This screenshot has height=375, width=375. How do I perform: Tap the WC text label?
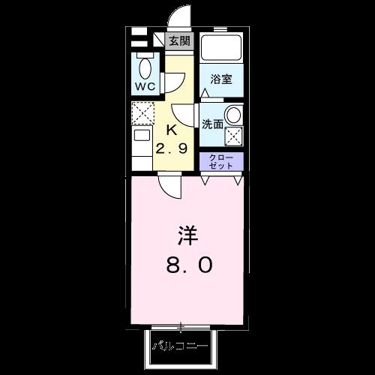pos(144,86)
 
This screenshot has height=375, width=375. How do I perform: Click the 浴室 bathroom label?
pos(221,79)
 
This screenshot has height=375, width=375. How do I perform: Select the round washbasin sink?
pos(234,115)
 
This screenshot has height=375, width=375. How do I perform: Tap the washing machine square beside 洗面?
pos(234,136)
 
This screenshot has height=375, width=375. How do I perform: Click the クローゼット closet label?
pos(221,162)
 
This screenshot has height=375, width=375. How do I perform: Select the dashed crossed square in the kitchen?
pos(142,113)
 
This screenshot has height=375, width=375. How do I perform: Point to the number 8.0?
pos(187,264)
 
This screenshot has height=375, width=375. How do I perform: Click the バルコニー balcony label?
pos(181,346)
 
